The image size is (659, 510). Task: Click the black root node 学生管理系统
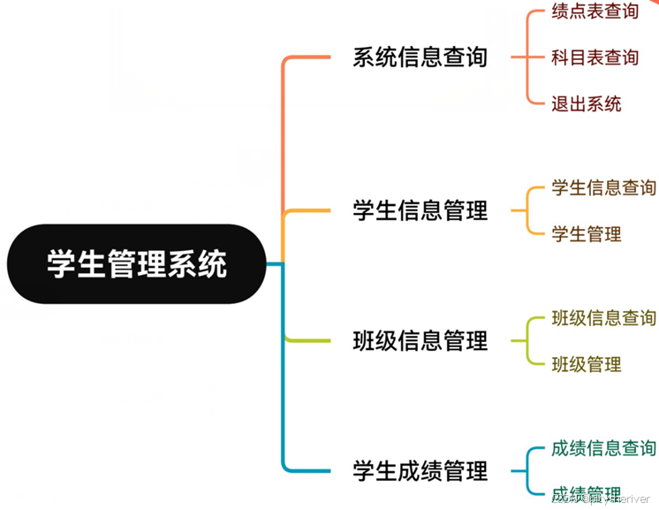[137, 264]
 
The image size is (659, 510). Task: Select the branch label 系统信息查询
[420, 57]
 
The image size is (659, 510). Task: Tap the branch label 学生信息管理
[420, 211]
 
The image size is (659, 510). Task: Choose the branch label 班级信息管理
[420, 340]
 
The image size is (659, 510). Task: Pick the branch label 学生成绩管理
[420, 470]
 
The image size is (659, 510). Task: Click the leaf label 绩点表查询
[595, 11]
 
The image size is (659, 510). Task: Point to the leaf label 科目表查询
[595, 57]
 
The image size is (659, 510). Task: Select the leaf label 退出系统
[587, 103]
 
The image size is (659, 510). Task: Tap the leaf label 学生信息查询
[603, 187]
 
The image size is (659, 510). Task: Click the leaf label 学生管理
[587, 234]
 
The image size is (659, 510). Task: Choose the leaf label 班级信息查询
[603, 317]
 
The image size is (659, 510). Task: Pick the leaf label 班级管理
[587, 364]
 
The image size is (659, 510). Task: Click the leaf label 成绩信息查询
[603, 448]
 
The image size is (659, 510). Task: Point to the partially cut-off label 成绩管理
[587, 493]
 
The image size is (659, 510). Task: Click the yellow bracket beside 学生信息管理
[527, 211]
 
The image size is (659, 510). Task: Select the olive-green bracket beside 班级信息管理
[527, 340]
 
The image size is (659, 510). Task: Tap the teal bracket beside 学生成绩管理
[527, 470]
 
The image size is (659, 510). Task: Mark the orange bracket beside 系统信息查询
[527, 57]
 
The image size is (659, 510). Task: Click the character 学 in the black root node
[61, 264]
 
